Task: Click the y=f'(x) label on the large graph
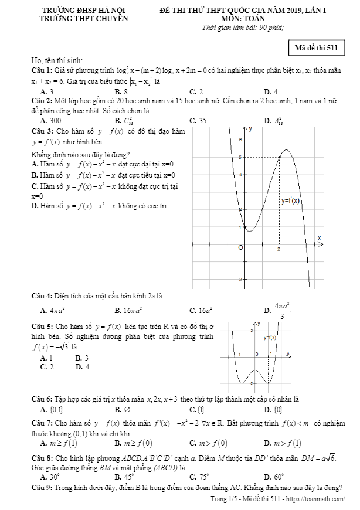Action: click(290, 200)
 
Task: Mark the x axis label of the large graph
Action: click(320, 237)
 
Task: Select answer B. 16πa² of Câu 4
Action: click(128, 310)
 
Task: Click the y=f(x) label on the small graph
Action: click(270, 338)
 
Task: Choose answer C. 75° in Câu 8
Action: click(197, 477)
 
